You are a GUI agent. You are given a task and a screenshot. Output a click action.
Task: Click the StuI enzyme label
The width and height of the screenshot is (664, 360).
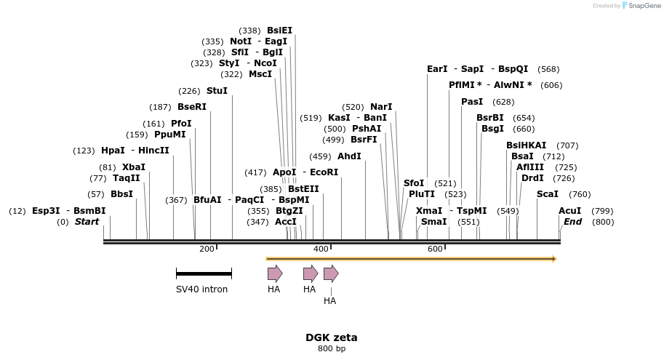pyautogui.click(x=217, y=91)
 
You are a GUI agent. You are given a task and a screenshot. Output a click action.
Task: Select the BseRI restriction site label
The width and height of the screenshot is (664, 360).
pyautogui.click(x=192, y=107)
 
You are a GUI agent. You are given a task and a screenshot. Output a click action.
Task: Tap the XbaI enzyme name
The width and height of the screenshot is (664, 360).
pyautogui.click(x=133, y=167)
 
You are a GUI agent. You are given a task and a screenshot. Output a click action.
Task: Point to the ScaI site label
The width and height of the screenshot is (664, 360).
pyautogui.click(x=548, y=194)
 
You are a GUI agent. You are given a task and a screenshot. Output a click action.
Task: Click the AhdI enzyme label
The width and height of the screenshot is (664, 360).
pyautogui.click(x=349, y=156)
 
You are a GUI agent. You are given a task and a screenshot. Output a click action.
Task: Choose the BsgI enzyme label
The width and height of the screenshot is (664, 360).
pyautogui.click(x=492, y=129)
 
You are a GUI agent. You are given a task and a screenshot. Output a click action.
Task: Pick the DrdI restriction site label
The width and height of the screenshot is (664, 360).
pyautogui.click(x=532, y=178)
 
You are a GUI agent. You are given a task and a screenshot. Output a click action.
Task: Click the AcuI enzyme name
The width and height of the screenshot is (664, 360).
pyautogui.click(x=569, y=211)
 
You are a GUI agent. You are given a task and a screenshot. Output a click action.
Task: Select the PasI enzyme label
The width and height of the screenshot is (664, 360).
pyautogui.click(x=472, y=102)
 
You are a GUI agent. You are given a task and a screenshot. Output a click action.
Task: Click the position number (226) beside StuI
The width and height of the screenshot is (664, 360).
pyautogui.click(x=190, y=91)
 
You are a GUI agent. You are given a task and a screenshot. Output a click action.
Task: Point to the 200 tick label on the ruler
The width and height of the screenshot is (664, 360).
pyautogui.click(x=207, y=249)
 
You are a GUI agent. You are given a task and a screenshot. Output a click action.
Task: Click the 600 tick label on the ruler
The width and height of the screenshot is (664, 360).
pyautogui.click(x=435, y=249)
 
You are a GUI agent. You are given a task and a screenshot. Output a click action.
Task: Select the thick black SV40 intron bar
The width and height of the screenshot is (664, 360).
pyautogui.click(x=204, y=273)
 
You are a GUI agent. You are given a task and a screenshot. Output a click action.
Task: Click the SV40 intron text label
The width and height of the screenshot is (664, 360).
pyautogui.click(x=201, y=289)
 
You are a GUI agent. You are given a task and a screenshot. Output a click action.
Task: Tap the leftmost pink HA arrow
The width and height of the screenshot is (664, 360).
pyautogui.click(x=275, y=273)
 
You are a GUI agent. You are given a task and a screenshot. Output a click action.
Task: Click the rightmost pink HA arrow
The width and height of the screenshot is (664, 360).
pyautogui.click(x=331, y=273)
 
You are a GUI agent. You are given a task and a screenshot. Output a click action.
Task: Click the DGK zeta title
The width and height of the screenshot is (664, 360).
pyautogui.click(x=331, y=337)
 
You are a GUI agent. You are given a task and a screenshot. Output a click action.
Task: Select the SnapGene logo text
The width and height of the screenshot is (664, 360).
pyautogui.click(x=644, y=6)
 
